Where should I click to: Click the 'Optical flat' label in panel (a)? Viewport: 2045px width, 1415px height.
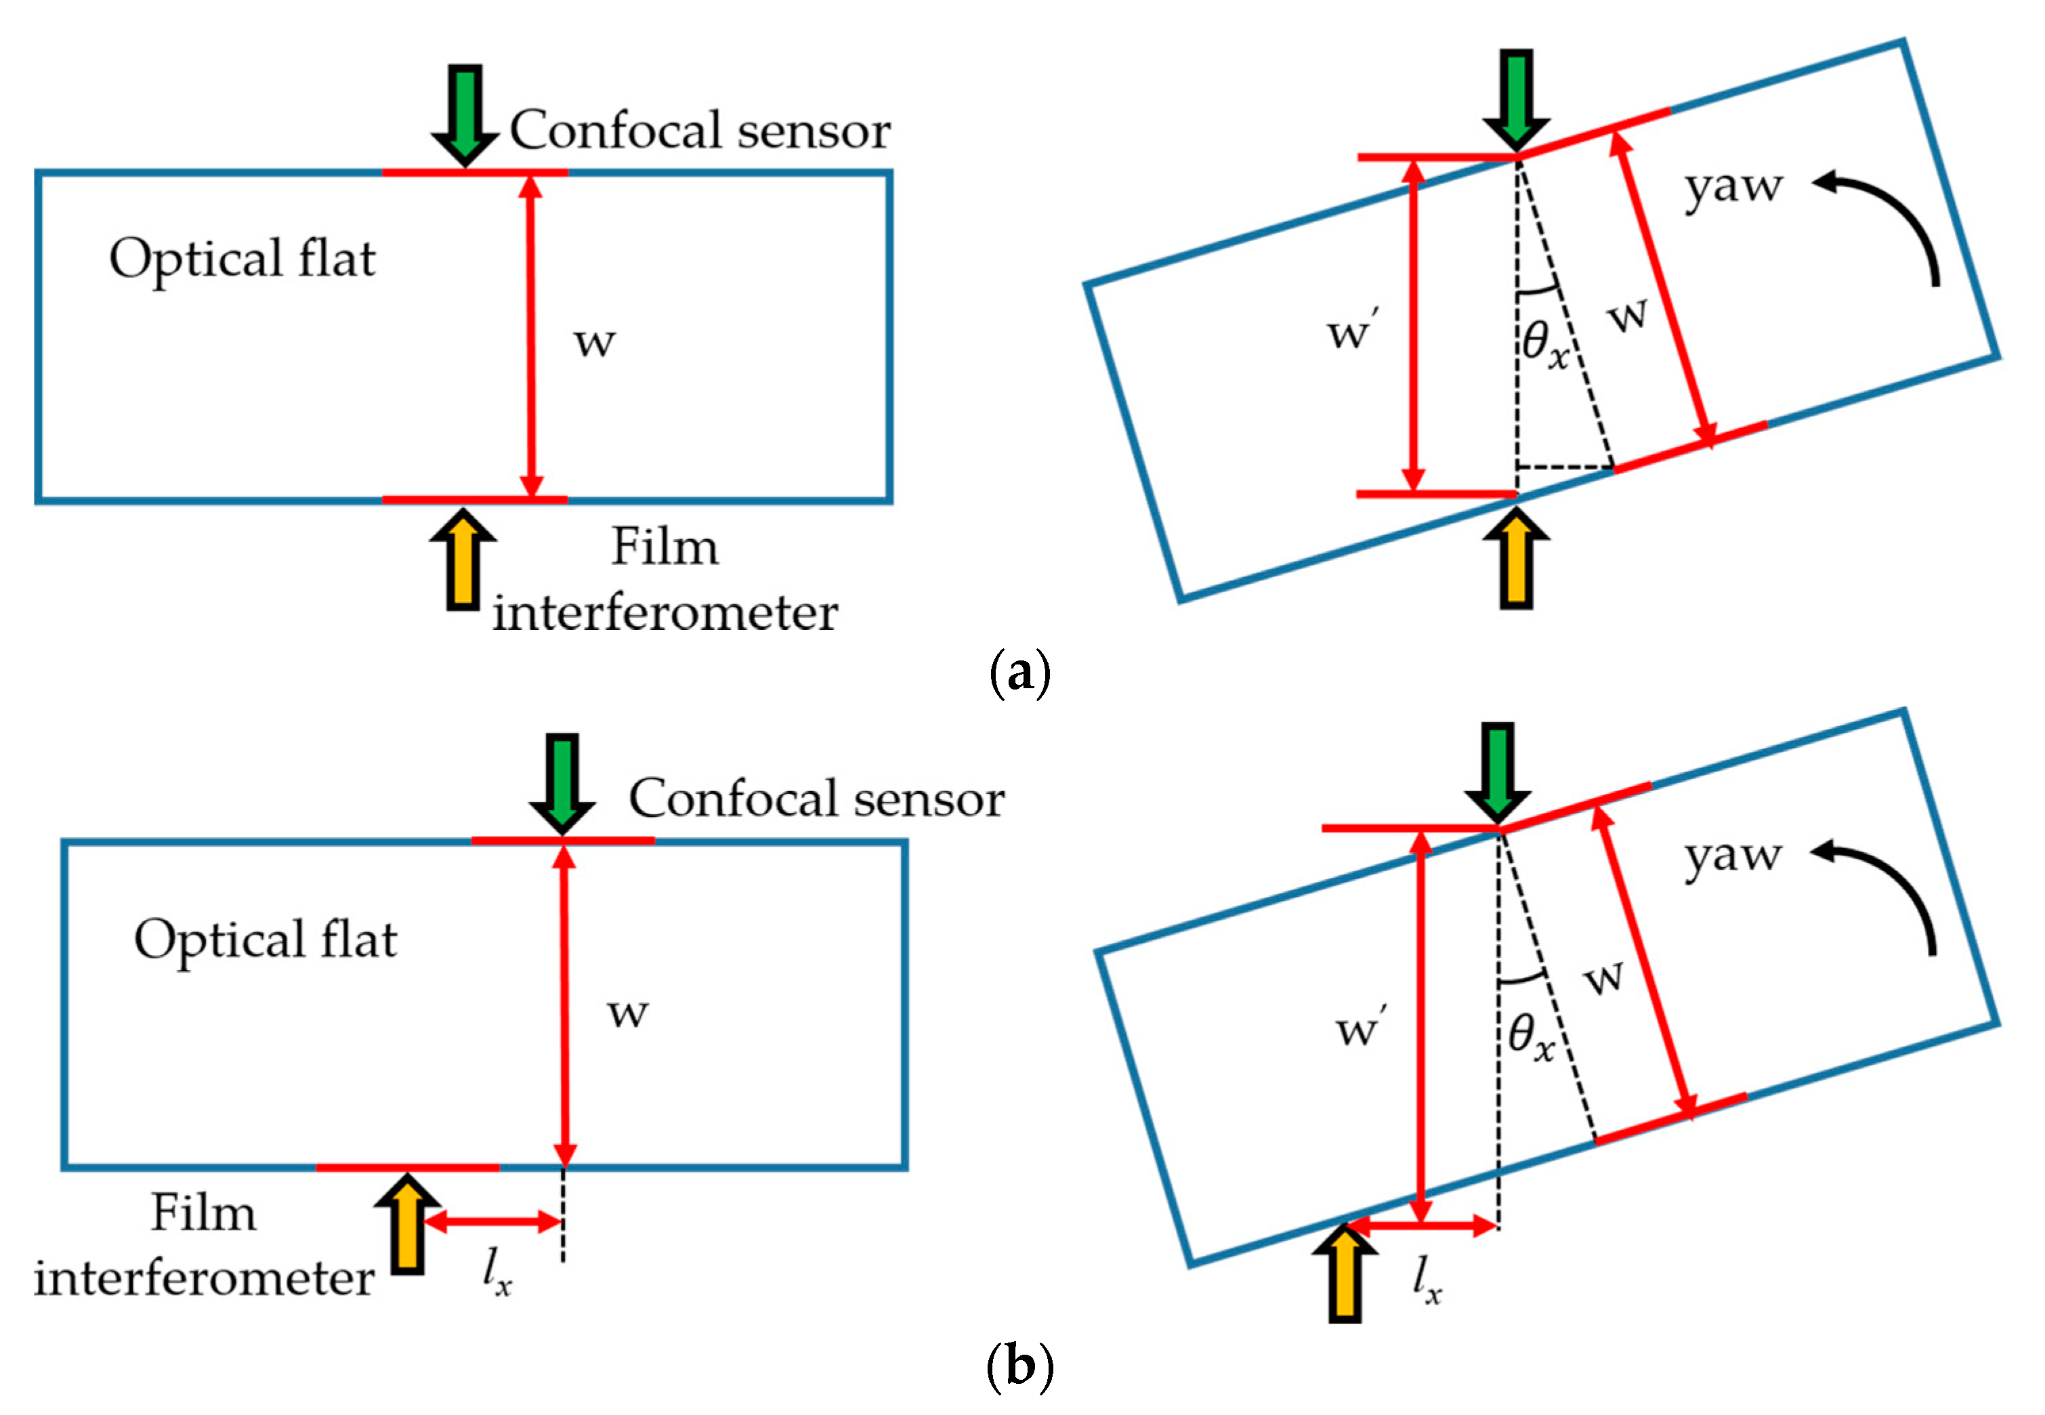point(242,259)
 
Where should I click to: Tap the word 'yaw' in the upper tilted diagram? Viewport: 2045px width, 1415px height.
point(1733,187)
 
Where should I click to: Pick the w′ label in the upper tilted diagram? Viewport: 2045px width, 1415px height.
point(1353,331)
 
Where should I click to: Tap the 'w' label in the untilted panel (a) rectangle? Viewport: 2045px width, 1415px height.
point(594,341)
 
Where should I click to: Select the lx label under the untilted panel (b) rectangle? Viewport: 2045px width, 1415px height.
point(497,1273)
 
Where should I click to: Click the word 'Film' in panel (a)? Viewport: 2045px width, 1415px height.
point(664,547)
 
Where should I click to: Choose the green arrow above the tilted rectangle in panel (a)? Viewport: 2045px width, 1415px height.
point(1517,100)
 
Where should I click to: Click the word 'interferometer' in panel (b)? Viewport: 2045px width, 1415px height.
point(204,1278)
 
